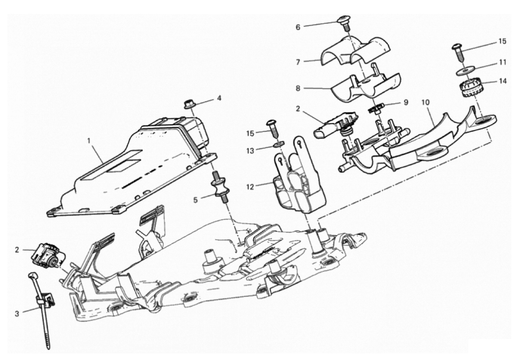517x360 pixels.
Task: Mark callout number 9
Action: pos(406,102)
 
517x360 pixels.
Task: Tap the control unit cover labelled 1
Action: pos(130,165)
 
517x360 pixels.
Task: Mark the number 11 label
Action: pos(503,63)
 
